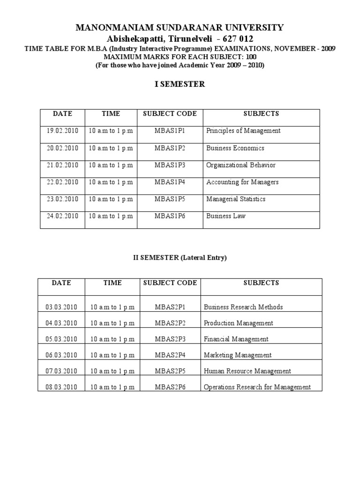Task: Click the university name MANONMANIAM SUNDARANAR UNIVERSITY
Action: (180, 28)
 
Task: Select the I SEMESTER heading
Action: (180, 84)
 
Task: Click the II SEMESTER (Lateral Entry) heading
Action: (180, 258)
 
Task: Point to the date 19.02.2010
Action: (62, 131)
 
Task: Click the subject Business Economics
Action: (235, 148)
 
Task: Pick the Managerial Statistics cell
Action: (236, 199)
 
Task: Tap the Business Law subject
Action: (225, 216)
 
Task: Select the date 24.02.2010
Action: (62, 216)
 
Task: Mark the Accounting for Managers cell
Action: (242, 182)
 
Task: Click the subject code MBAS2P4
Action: (170, 355)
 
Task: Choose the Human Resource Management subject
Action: (247, 371)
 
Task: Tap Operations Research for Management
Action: (257, 387)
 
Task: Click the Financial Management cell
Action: (236, 339)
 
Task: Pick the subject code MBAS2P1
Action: (170, 307)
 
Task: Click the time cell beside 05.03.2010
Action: (112, 339)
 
